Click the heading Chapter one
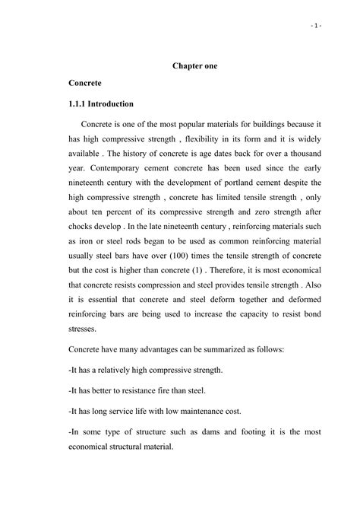(195, 66)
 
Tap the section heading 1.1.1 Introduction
(101, 103)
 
